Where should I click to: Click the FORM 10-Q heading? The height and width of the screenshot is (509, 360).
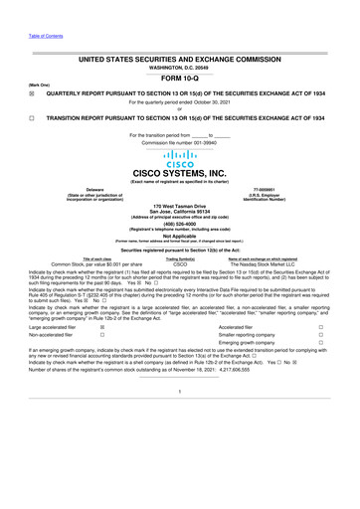tap(180, 79)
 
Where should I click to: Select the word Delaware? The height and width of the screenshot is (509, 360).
tap(95, 187)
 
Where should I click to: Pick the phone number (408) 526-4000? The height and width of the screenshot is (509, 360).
tap(180, 223)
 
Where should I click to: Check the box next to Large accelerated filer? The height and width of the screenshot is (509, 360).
tap(104, 325)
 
